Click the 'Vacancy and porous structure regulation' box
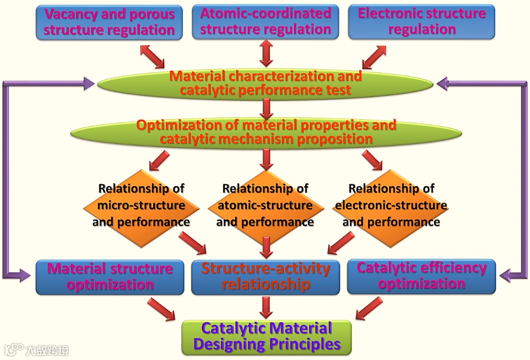(109, 22)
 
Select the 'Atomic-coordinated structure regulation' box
(265, 22)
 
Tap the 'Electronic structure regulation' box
(422, 22)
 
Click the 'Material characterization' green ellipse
(265, 84)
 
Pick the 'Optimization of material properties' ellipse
(265, 132)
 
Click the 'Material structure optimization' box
(109, 277)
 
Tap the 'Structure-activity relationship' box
(265, 277)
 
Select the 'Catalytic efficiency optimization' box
(421, 276)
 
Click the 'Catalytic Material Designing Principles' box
(266, 337)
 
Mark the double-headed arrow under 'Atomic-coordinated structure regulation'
(265, 53)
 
